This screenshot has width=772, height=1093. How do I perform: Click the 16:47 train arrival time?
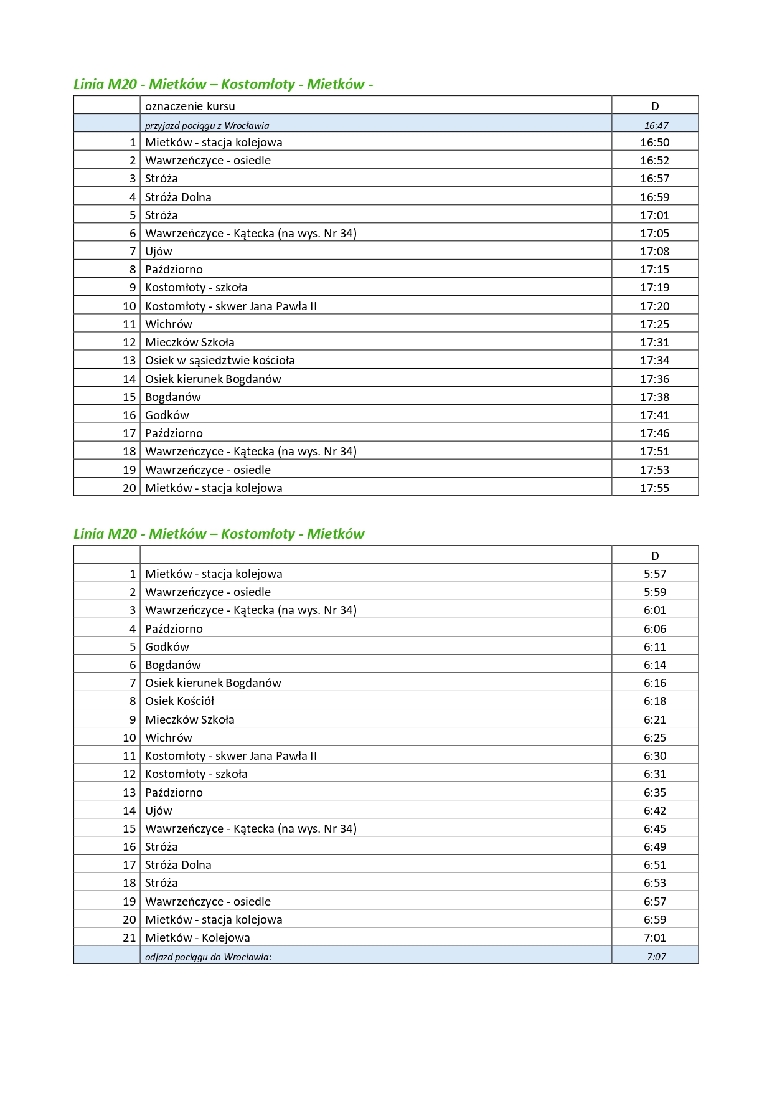pyautogui.click(x=656, y=125)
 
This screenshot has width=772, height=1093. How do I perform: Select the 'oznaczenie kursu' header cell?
pyautogui.click(x=190, y=106)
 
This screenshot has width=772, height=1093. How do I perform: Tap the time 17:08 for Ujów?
pyautogui.click(x=654, y=252)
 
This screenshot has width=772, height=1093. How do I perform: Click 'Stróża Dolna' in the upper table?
pyautogui.click(x=178, y=197)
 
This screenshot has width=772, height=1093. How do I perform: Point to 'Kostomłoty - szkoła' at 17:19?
pyautogui.click(x=196, y=288)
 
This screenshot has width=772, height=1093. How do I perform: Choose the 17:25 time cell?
pyautogui.click(x=654, y=324)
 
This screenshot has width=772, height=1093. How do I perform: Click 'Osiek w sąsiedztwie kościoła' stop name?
pyautogui.click(x=220, y=361)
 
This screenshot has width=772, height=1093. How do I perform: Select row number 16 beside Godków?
pyautogui.click(x=129, y=415)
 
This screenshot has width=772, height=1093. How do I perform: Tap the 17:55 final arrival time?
pyautogui.click(x=654, y=488)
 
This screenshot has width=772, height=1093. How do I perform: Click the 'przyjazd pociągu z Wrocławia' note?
pyautogui.click(x=207, y=125)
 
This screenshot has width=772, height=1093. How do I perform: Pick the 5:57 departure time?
pyautogui.click(x=654, y=574)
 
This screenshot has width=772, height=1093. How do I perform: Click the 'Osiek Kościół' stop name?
pyautogui.click(x=179, y=701)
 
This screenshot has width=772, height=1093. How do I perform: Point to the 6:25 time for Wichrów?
pyautogui.click(x=654, y=738)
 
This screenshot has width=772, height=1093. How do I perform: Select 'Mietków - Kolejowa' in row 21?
pyautogui.click(x=197, y=938)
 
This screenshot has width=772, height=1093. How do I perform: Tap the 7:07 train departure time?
pyautogui.click(x=656, y=957)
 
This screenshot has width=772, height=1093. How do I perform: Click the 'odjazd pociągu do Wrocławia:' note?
pyautogui.click(x=208, y=957)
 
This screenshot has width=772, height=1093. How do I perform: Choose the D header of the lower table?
pyautogui.click(x=654, y=556)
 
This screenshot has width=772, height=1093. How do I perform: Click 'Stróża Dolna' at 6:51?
pyautogui.click(x=178, y=865)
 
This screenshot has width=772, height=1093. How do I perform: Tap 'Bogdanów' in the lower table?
pyautogui.click(x=173, y=665)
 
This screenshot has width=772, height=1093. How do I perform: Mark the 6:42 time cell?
pyautogui.click(x=654, y=811)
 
